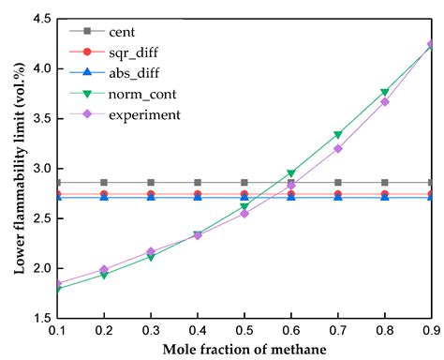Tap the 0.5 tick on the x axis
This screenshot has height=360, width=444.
click(244, 333)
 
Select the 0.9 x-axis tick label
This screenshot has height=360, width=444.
click(431, 333)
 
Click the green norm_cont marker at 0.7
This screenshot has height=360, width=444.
click(337, 135)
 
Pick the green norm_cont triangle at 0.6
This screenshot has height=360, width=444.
click(290, 173)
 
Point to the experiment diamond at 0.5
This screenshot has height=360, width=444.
click(244, 213)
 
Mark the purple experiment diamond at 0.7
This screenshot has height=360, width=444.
click(337, 148)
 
